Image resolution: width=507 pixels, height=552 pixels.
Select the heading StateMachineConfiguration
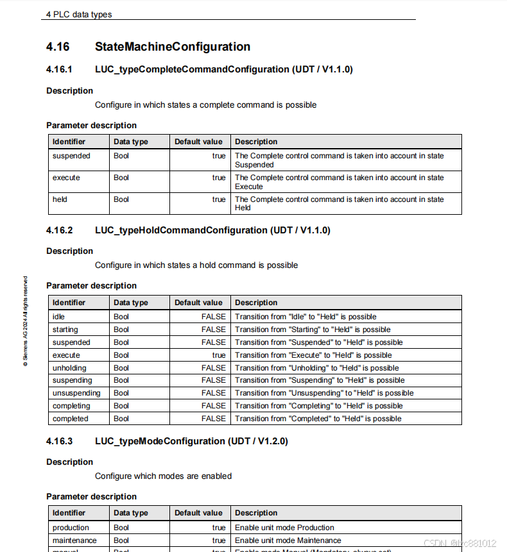173,47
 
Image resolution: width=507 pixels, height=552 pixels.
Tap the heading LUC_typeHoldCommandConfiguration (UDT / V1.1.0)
212,230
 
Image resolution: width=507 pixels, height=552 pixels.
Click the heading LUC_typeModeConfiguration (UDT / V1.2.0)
191,441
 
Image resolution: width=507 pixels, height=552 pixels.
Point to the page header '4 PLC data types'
78,14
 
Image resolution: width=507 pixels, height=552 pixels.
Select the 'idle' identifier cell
58,317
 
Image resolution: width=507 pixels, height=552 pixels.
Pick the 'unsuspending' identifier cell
76,393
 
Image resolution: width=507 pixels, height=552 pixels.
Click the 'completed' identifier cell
71,419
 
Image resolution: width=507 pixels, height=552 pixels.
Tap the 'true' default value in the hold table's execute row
219,355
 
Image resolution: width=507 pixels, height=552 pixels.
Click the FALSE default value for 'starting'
214,330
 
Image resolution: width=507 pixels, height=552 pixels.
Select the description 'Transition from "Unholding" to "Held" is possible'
317,368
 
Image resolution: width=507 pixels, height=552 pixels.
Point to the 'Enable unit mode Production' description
284,528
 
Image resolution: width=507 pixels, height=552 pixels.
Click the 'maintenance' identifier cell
74,540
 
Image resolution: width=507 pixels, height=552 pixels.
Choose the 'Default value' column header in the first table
198,142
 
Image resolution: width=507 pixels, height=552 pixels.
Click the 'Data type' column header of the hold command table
131,303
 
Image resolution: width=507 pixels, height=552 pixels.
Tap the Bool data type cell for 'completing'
121,406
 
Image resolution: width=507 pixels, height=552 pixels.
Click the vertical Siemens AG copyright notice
26,321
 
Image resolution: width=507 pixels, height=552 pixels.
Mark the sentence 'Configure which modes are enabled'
163,476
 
